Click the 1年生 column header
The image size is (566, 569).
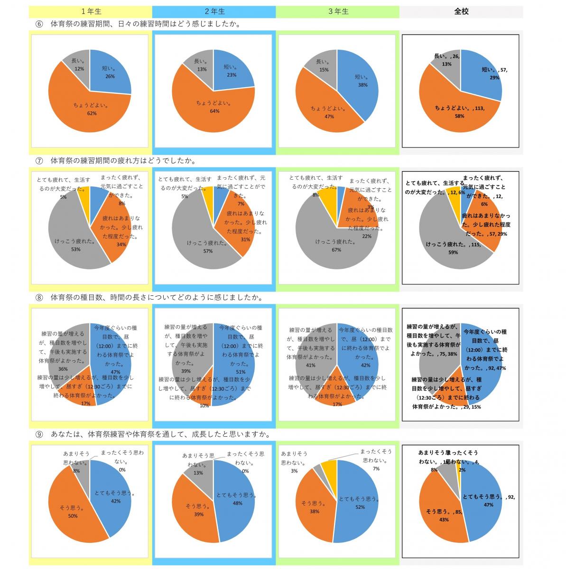(91, 11)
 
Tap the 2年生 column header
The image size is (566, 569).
(214, 11)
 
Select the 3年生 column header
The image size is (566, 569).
(338, 11)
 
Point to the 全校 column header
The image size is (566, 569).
(461, 11)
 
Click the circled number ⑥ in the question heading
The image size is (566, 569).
(39, 24)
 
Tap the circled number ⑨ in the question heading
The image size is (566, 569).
(39, 434)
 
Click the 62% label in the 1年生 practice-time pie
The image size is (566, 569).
(92, 113)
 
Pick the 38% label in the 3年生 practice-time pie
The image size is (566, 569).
(363, 85)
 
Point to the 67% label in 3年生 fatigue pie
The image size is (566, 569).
(336, 250)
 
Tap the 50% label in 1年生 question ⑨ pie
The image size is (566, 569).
(73, 516)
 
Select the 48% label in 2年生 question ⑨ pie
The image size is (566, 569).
(238, 503)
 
